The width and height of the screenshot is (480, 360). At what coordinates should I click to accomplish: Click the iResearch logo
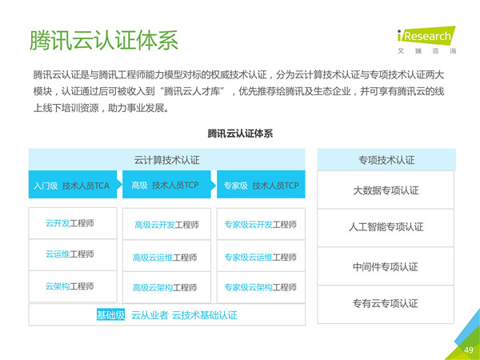click(x=426, y=40)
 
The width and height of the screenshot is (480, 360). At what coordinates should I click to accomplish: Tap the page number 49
click(x=468, y=350)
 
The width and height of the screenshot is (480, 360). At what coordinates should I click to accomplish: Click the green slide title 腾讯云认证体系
click(x=104, y=40)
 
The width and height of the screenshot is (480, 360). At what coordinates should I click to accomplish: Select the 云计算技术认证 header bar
click(x=167, y=159)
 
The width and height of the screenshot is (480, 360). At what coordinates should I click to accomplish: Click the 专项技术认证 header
click(x=386, y=159)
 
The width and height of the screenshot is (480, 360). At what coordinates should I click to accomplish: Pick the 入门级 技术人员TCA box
click(x=73, y=185)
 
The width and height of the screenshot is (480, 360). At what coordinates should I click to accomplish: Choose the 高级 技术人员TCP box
click(x=167, y=185)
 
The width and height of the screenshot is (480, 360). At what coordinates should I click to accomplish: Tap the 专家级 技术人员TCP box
click(x=261, y=185)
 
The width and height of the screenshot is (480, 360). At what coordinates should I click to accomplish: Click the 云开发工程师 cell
click(x=73, y=223)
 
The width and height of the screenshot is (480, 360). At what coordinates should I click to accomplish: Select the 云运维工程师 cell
click(x=73, y=254)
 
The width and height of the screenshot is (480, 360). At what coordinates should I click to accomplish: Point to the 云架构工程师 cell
click(x=73, y=286)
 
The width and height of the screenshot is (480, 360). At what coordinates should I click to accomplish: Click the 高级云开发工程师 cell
click(x=167, y=224)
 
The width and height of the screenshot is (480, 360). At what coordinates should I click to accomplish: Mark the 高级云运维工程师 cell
click(x=167, y=256)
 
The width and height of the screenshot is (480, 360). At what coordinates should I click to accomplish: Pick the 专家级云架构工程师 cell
click(x=261, y=287)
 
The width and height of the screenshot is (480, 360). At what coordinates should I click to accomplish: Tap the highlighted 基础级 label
click(x=110, y=314)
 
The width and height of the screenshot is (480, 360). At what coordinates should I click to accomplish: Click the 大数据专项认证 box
click(x=386, y=190)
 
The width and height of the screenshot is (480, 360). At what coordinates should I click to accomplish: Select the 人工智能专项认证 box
click(x=386, y=228)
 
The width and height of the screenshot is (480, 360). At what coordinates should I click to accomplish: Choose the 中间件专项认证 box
click(x=386, y=266)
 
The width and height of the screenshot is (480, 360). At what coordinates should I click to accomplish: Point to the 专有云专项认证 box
click(x=386, y=304)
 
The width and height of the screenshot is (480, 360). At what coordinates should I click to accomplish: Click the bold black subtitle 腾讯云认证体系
click(x=240, y=134)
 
